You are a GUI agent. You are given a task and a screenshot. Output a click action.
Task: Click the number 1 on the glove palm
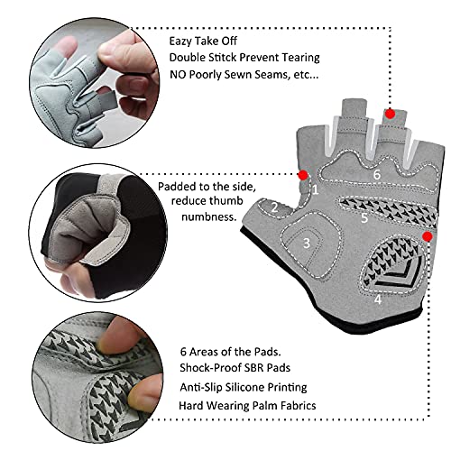click(x=315, y=190)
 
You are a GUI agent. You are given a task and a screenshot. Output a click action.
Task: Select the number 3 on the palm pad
click(x=307, y=243)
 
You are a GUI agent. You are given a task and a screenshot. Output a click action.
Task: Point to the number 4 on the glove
click(x=378, y=299)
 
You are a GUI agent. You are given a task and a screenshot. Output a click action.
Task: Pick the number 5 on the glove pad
click(x=364, y=217)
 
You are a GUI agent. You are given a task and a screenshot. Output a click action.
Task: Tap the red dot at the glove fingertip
click(x=390, y=114)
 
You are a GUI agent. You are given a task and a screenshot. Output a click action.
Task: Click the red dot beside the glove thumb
click(x=303, y=175)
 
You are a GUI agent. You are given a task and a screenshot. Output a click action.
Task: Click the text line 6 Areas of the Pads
click(x=229, y=351)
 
